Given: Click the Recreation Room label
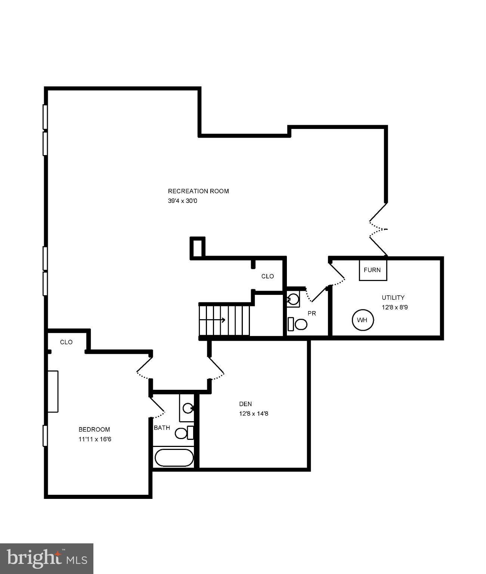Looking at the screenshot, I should click(x=198, y=191).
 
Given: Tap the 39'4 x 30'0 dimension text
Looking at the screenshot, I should click(x=182, y=201).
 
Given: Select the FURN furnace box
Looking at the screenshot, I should click(x=372, y=270).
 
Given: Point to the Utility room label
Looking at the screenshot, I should click(x=393, y=297).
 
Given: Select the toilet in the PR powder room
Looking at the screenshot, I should click(x=300, y=324).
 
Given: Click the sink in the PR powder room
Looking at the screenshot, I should click(x=294, y=299).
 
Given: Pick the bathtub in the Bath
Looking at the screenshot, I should click(x=174, y=457).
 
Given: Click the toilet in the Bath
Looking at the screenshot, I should click(x=182, y=433).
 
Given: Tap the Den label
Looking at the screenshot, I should click(x=245, y=404).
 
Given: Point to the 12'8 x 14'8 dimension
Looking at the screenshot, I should click(x=254, y=413).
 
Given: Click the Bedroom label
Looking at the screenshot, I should click(x=94, y=429).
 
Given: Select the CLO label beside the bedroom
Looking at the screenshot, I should click(x=66, y=342).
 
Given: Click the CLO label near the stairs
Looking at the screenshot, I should click(x=267, y=276).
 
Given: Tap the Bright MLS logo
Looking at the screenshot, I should click(x=47, y=559).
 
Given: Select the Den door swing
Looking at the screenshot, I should click(x=217, y=368).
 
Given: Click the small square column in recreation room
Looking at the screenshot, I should click(x=198, y=247).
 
